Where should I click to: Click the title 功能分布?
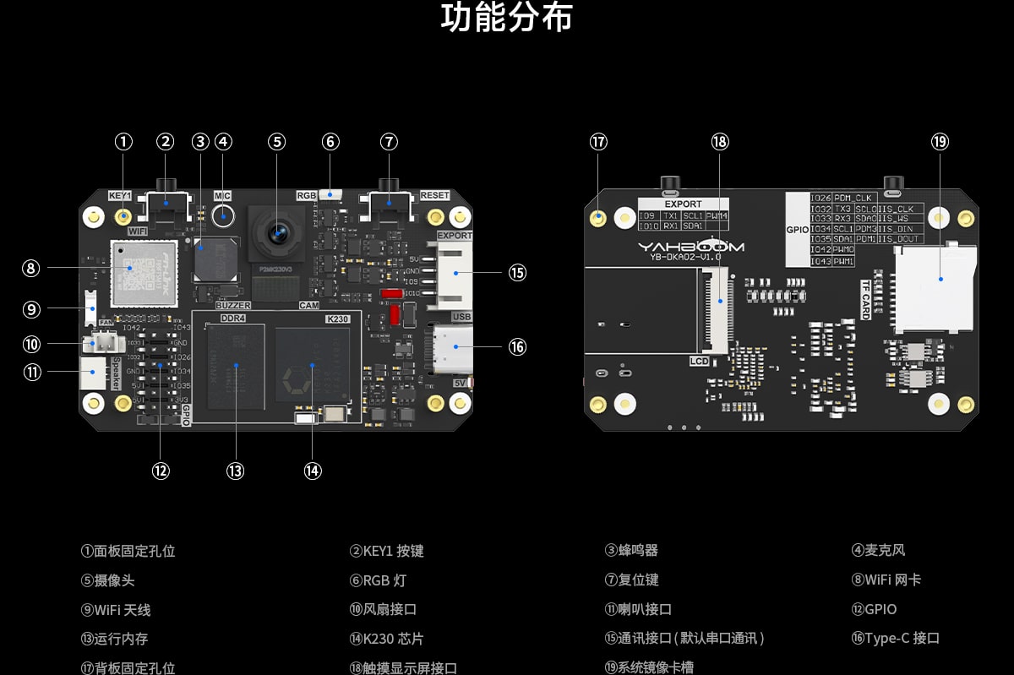coord(506,19)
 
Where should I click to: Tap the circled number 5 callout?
coord(277,142)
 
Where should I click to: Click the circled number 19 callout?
coord(940,142)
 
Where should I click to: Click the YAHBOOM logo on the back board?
coord(690,247)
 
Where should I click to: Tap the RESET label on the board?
coord(434,195)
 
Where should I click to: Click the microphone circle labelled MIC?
coord(223,217)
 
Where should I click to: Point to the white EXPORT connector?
coord(454,272)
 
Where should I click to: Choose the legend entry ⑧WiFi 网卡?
coord(886,580)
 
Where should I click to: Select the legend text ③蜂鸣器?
coord(631,550)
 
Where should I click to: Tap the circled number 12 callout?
coord(161,471)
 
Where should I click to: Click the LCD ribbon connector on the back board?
coord(718,310)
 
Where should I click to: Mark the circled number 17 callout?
coord(598,142)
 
